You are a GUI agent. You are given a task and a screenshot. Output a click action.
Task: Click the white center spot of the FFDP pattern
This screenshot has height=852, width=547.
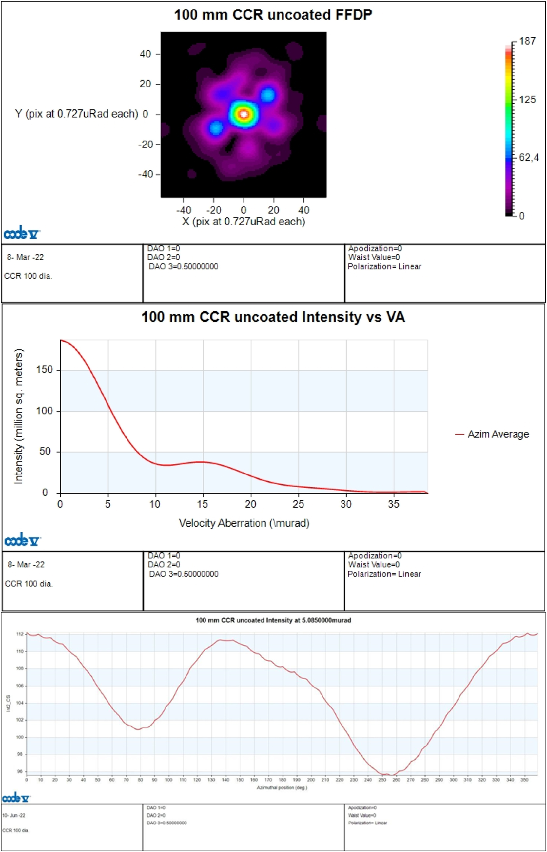244,114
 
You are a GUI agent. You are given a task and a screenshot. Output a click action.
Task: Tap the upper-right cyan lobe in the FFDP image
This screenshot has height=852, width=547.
267,95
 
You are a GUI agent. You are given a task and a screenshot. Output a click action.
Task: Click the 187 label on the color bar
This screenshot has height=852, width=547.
527,41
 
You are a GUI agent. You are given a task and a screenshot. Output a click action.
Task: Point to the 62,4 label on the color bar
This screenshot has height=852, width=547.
529,157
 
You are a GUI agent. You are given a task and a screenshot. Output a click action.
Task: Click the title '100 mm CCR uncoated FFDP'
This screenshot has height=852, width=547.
273,15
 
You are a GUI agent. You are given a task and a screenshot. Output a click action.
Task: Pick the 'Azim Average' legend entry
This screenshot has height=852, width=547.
498,434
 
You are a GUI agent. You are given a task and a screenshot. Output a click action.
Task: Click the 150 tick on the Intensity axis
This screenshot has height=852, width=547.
44,370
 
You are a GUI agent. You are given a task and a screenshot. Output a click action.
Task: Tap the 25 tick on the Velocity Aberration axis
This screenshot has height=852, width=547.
298,504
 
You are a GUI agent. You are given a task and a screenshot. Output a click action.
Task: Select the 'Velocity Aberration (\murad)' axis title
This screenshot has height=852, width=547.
244,523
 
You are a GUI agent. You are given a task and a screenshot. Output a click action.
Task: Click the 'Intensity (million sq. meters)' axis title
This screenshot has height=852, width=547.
18,416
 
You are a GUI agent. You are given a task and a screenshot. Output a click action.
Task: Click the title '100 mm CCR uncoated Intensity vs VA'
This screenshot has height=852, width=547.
273,317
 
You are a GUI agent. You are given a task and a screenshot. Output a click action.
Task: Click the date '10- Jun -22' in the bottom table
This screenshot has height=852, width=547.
14,815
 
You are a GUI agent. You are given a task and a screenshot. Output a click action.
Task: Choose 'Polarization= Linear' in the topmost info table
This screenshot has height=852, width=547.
384,266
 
